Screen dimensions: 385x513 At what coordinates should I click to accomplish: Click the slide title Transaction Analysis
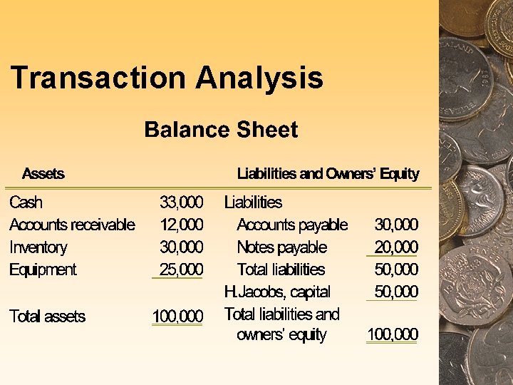pyautogui.click(x=167, y=78)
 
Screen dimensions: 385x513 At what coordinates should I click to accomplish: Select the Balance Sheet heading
pyautogui.click(x=221, y=130)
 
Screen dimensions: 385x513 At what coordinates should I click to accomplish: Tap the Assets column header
pyautogui.click(x=43, y=173)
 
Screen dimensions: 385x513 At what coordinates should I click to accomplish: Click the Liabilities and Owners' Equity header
pyautogui.click(x=328, y=173)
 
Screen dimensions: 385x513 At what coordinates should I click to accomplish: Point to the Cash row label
pyautogui.click(x=26, y=202)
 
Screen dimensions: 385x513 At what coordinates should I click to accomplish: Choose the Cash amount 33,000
pyautogui.click(x=181, y=202)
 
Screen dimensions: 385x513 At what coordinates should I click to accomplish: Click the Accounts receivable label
pyautogui.click(x=72, y=225)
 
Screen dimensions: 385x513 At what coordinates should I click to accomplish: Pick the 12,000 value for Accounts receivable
pyautogui.click(x=181, y=225)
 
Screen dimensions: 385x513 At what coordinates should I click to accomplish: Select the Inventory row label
pyautogui.click(x=38, y=247)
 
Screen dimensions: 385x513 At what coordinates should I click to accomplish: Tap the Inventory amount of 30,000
pyautogui.click(x=181, y=247)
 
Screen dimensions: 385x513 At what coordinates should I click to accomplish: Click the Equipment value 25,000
pyautogui.click(x=181, y=269)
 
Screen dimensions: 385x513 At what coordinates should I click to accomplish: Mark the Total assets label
pyautogui.click(x=47, y=317)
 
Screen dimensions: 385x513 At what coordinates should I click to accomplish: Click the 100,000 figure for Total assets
pyautogui.click(x=177, y=317)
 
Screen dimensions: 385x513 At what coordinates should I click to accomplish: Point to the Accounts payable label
pyautogui.click(x=292, y=225)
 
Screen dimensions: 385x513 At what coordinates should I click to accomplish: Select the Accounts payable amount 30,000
pyautogui.click(x=396, y=225)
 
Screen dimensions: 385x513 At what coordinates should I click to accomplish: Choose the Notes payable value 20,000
pyautogui.click(x=396, y=247)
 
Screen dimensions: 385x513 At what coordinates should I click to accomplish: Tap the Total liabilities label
pyautogui.click(x=281, y=269)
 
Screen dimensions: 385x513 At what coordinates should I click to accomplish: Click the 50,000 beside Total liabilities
pyautogui.click(x=396, y=269)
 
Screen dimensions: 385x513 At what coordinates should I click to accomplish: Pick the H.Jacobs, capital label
pyautogui.click(x=277, y=292)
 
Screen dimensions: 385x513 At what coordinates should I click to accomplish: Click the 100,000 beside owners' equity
pyautogui.click(x=392, y=334)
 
